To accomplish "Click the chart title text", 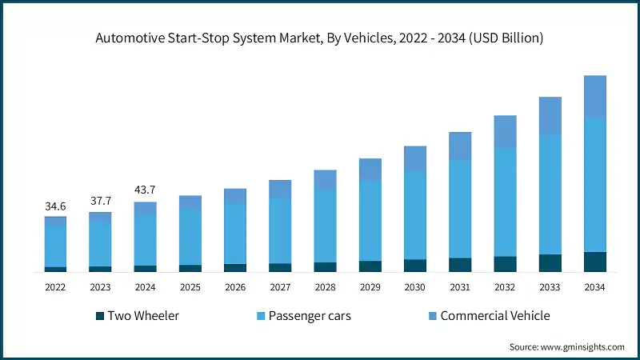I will point(320,38).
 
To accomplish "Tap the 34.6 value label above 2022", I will point(55,206).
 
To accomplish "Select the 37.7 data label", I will point(100,201).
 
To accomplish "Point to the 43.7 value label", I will point(145,190).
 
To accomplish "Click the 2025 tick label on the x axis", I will point(190,287).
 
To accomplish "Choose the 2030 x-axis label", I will point(414,287).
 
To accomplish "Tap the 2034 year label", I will point(594,287).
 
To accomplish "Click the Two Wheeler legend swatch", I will point(101,316).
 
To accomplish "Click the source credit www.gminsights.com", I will point(566,347).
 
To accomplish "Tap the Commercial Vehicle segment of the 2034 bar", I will point(594,97).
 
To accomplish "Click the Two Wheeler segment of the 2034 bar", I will point(594,262).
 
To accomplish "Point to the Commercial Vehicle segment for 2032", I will point(505,131).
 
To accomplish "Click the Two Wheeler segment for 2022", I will point(55,269).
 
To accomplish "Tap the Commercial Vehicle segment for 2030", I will point(414,158).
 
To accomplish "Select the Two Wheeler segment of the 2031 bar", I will point(460,265).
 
